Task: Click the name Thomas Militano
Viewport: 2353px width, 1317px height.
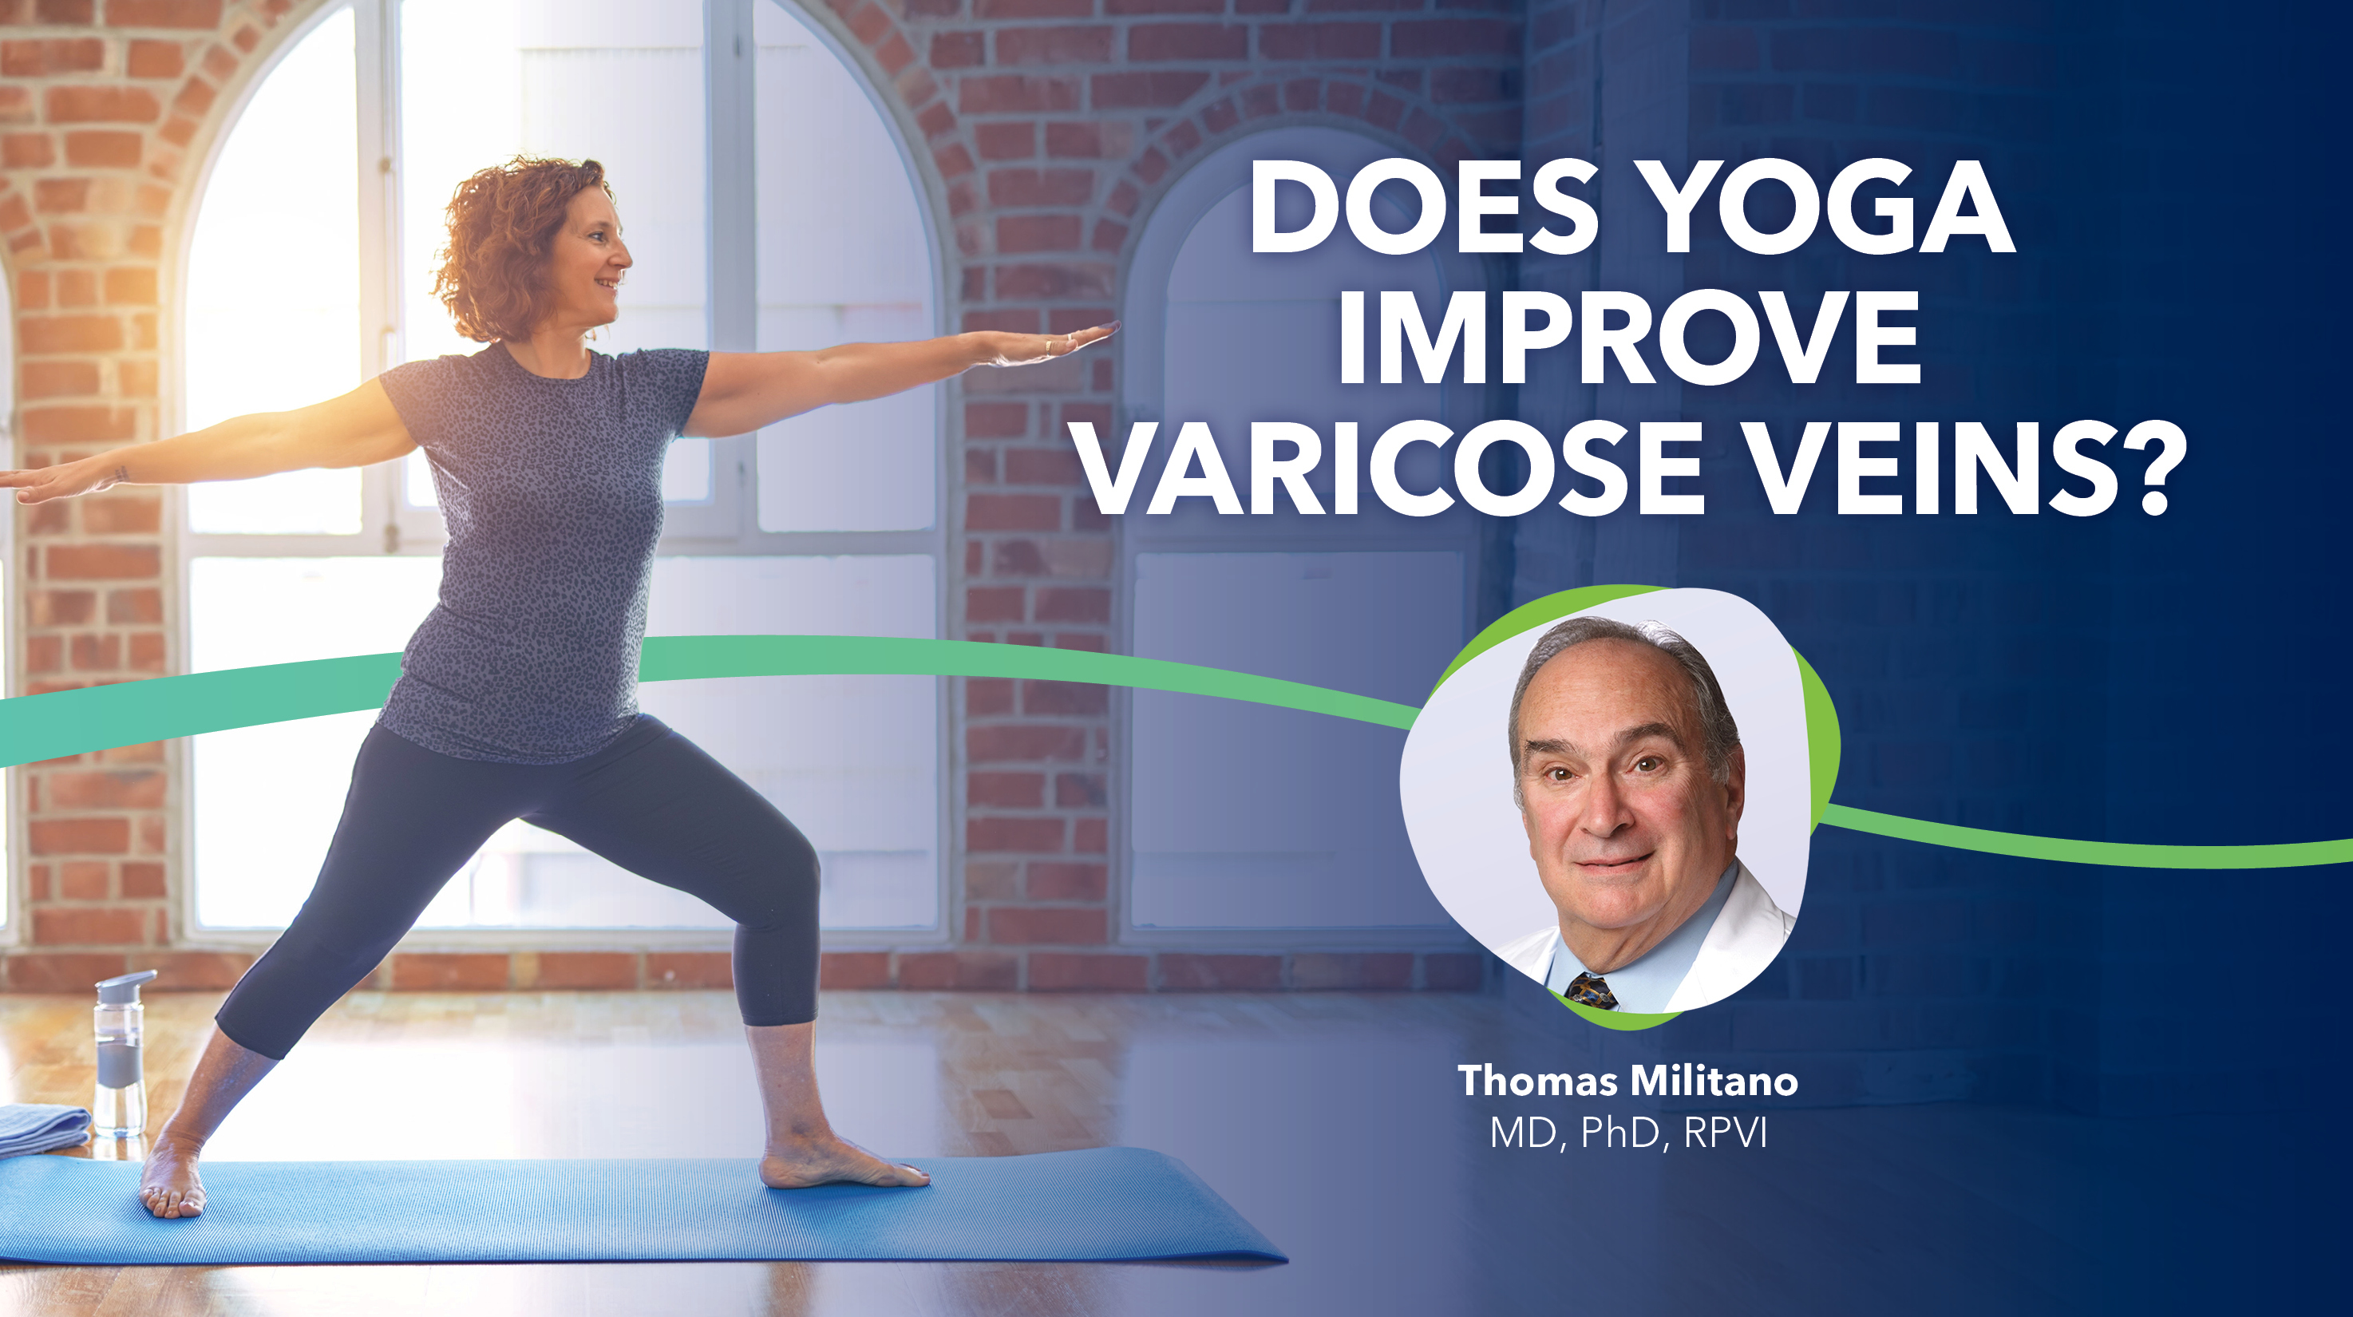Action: (1627, 1082)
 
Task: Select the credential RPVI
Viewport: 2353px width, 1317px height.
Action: (1726, 1133)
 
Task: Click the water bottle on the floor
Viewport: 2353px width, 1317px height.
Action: (120, 1059)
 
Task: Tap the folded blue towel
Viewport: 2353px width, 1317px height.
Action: (41, 1129)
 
